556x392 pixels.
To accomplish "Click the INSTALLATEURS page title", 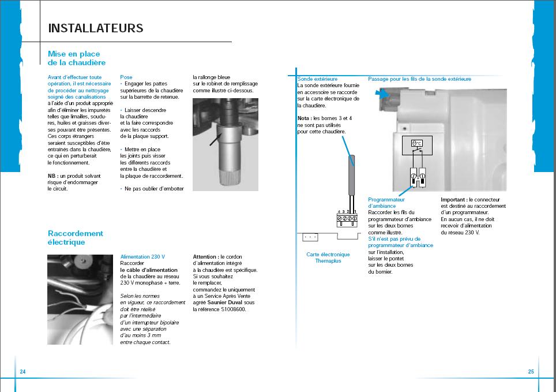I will coord(96,28).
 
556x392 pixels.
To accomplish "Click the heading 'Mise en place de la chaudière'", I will coord(77,58).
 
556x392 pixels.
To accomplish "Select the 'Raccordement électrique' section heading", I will coord(76,238).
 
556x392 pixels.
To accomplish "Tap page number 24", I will coord(22,372).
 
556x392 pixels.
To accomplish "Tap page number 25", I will coord(531,372).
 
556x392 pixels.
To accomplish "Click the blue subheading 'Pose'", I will coord(126,77).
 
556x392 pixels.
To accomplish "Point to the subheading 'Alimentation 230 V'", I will coord(142,256).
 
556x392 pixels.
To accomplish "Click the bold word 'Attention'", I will coord(205,256).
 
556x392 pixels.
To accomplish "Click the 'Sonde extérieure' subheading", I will coord(317,79).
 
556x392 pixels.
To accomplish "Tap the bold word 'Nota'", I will coord(303,118).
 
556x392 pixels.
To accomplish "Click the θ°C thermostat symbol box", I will coord(417,143).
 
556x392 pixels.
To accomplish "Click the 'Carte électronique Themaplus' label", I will coord(328,257).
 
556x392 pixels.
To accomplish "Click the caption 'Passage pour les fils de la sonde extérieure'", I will coord(419,79).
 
